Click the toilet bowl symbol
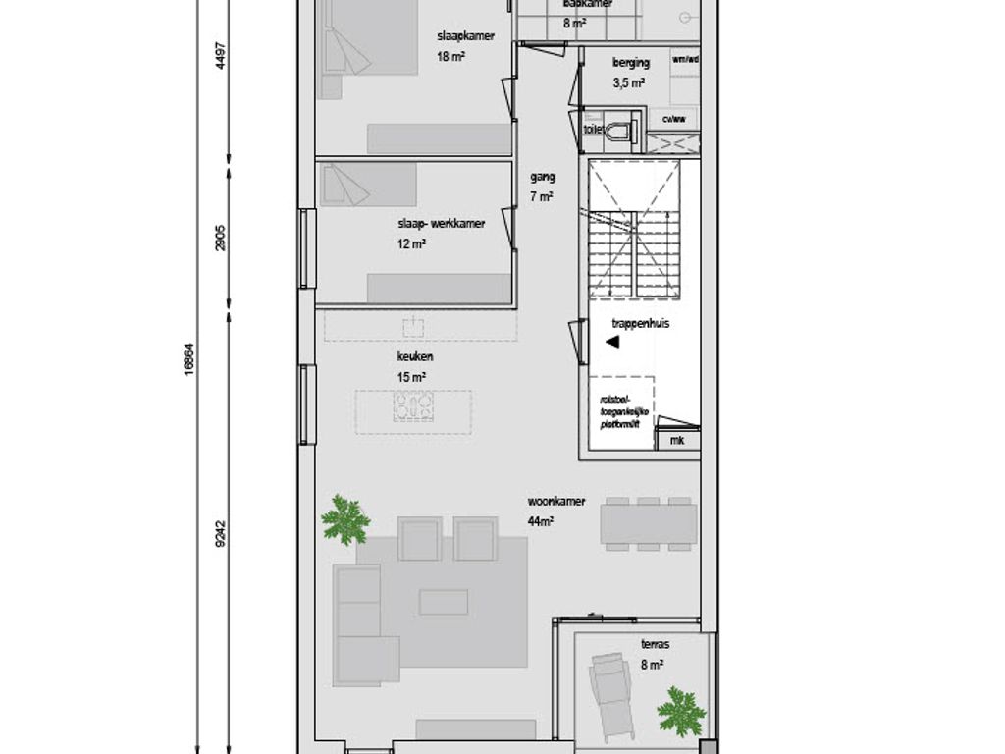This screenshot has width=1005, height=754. pos(617,131)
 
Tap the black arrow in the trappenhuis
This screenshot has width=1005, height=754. pos(611,342)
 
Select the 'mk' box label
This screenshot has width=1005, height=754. pos(676,441)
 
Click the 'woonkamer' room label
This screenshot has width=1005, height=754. pos(555,502)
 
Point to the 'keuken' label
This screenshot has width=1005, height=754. pos(416,357)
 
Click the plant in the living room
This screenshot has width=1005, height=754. pos(344,519)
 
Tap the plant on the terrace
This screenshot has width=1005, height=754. pos(681,710)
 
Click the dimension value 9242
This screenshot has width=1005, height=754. pos(220,533)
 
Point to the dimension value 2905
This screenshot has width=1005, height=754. pos(220,239)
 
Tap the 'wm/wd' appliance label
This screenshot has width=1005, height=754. pos(684,59)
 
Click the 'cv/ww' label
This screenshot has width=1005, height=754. pos(673,120)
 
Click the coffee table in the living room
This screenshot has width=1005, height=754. pos(444,601)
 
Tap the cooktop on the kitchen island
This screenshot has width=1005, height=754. pos(413,405)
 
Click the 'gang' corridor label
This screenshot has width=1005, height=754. pos(543,178)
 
